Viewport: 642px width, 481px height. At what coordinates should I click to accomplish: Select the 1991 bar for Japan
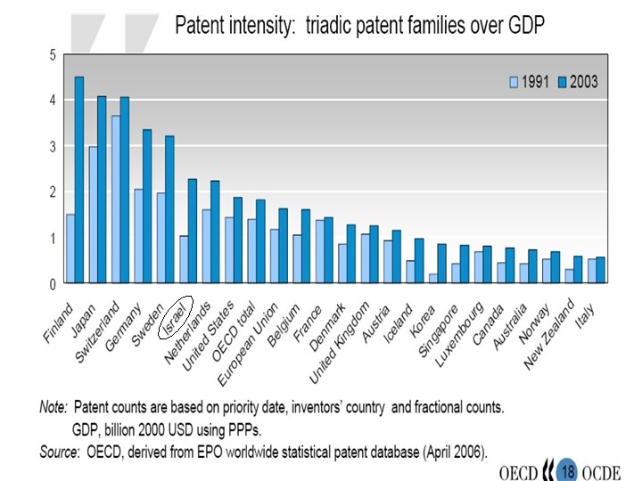point(93,215)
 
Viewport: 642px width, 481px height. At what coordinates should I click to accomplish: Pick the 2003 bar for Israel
point(193,231)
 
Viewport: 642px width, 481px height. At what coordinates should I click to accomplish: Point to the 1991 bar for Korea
point(433,278)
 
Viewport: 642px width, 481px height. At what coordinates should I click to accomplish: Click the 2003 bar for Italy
point(601,270)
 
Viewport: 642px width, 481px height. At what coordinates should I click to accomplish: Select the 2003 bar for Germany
point(147,206)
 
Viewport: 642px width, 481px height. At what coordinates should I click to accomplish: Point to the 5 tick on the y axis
point(53,55)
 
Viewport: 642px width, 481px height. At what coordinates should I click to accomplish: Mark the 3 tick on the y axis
point(53,146)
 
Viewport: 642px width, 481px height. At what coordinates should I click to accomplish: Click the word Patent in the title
point(200,24)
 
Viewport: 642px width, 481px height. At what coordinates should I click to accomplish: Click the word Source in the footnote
point(56,452)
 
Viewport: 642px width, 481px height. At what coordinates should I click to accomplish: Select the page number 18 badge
point(566,466)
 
